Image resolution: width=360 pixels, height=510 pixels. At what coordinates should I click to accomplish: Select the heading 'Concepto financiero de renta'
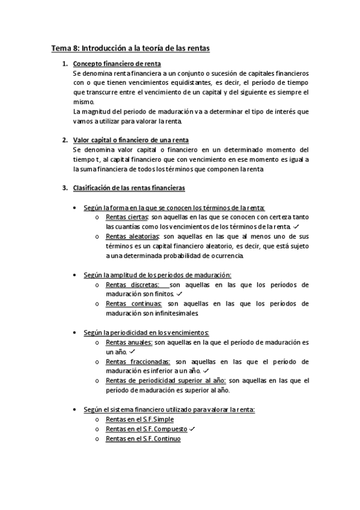pyautogui.click(x=117, y=63)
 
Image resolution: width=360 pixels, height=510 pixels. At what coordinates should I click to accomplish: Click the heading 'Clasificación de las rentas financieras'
pyautogui.click(x=129, y=188)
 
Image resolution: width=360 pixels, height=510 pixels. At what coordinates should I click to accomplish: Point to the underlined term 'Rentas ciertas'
pyautogui.click(x=127, y=217)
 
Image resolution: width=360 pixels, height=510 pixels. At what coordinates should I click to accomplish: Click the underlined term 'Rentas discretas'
pyautogui.click(x=132, y=284)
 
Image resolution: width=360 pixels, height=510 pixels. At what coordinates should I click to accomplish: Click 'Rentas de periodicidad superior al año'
pyautogui.click(x=166, y=381)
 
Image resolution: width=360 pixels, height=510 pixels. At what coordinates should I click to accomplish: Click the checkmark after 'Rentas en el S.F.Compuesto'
pyautogui.click(x=192, y=429)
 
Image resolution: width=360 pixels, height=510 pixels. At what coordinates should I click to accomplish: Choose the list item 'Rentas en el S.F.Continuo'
pyautogui.click(x=143, y=438)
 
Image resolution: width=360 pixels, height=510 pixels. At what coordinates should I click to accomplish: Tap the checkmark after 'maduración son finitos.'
pyautogui.click(x=178, y=294)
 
